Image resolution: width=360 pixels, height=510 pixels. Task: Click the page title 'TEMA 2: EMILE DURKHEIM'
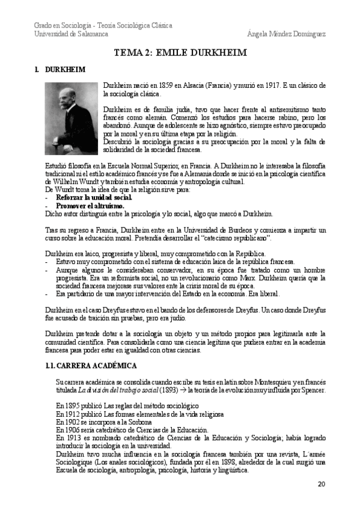[180, 53]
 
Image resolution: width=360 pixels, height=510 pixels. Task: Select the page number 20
[321, 484]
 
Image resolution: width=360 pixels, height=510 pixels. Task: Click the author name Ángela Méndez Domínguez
[287, 34]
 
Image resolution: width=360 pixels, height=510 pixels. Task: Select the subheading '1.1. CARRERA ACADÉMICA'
[91, 365]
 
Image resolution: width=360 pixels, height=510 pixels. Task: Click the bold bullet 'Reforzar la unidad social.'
[94, 197]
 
